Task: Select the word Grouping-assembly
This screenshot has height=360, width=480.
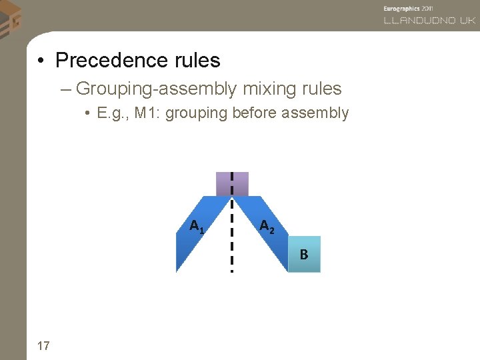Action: [x=157, y=89]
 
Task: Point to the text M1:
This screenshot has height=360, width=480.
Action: [x=147, y=113]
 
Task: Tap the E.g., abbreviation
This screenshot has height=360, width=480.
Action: [x=113, y=113]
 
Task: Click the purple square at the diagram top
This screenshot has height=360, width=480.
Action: [x=232, y=184]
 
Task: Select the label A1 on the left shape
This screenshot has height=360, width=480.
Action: [x=197, y=227]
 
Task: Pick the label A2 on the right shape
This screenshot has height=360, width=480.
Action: [x=267, y=227]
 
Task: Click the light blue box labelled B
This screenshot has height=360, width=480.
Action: [x=304, y=254]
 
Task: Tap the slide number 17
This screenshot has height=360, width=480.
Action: [x=43, y=345]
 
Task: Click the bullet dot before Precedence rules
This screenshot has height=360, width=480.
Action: [x=41, y=61]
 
